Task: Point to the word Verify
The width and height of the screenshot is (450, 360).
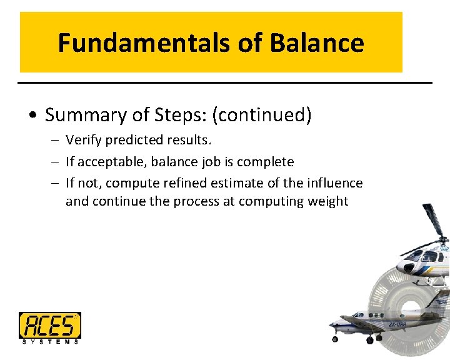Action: coord(84,140)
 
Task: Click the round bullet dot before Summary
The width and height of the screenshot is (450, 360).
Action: coord(34,116)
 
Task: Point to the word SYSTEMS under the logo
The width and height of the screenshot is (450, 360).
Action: coord(49,342)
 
